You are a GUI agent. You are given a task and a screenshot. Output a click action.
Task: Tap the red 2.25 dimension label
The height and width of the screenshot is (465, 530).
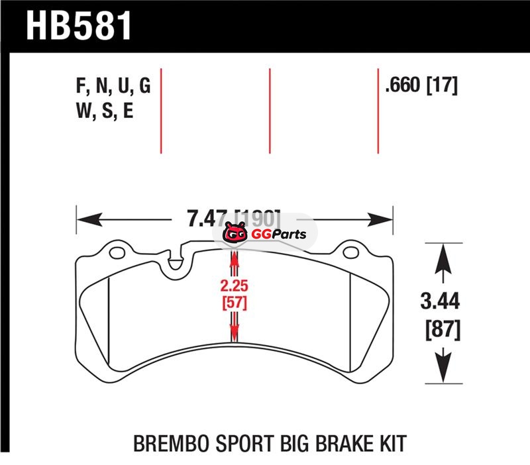tap(233, 287)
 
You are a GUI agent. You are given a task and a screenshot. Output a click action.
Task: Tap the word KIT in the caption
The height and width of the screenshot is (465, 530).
tap(388, 443)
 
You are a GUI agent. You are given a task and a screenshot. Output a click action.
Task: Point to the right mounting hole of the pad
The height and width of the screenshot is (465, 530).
tap(350, 253)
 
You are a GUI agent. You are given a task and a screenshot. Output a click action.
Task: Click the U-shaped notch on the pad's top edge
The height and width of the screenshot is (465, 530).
tap(176, 261)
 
